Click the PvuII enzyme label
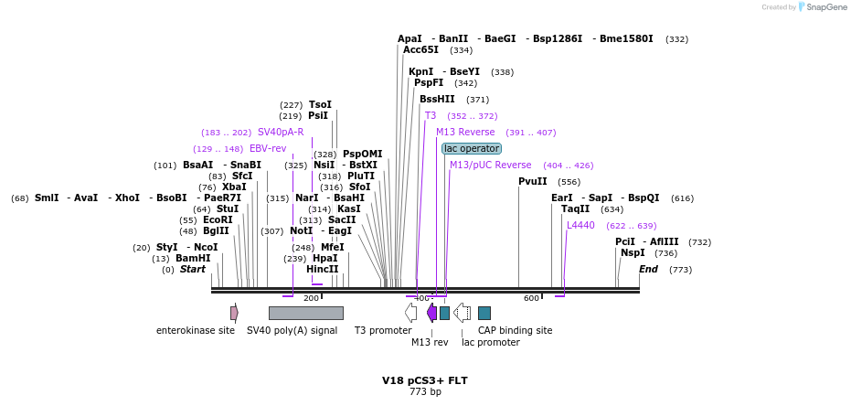[x=533, y=181]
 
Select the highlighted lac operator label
[x=472, y=148]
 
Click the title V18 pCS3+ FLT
[x=425, y=379]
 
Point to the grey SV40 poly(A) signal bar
[x=305, y=313]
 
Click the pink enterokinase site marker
[x=234, y=313]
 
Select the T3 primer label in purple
[x=431, y=115]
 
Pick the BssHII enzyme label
[x=437, y=99]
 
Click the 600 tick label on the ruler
[x=531, y=298]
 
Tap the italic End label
[x=648, y=269]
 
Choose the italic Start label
[x=193, y=269]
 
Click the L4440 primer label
[x=580, y=225]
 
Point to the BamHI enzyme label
[x=193, y=258]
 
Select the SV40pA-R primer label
[x=281, y=132]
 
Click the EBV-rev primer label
[x=268, y=148]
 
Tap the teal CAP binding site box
[x=484, y=313]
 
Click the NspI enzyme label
[x=633, y=252]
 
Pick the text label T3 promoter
[x=383, y=330]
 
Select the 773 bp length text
[x=425, y=392]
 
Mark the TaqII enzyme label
[x=576, y=208]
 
